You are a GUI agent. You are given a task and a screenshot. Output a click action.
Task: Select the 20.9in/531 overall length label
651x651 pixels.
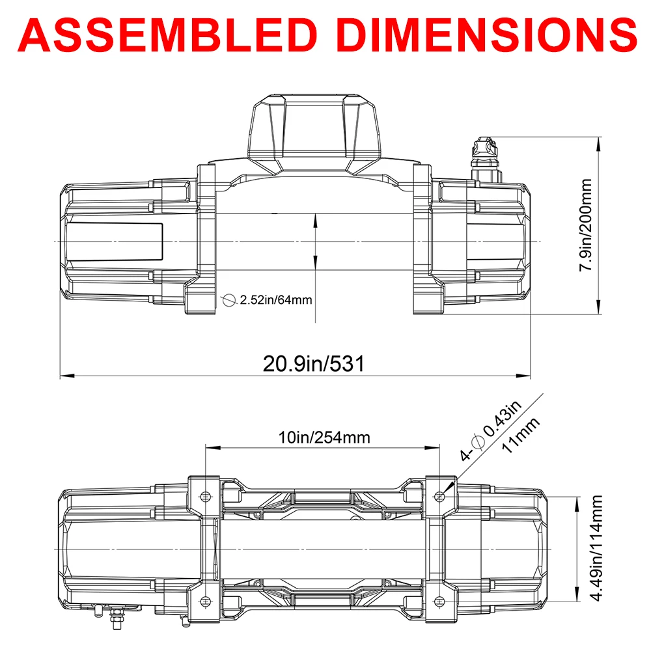(x=313, y=363)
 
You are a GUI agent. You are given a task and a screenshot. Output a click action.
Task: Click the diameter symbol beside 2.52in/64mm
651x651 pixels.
(x=229, y=300)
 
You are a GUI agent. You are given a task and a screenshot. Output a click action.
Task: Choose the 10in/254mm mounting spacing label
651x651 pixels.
(x=324, y=437)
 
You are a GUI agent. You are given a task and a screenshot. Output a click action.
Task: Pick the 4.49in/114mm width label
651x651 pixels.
(x=597, y=550)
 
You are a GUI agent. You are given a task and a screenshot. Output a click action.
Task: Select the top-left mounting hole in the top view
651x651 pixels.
(x=206, y=497)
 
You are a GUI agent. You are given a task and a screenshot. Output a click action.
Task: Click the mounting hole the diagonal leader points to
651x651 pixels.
(x=440, y=497)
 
